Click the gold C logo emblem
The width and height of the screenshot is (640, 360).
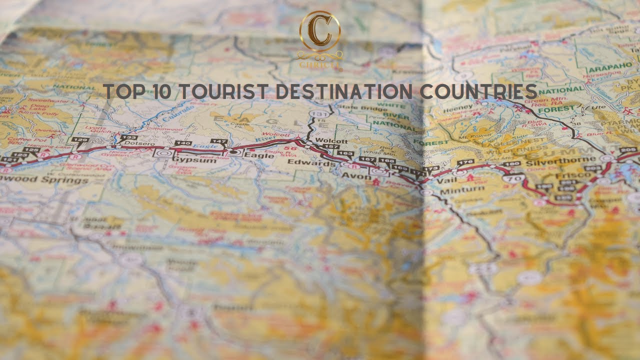tap(320, 31)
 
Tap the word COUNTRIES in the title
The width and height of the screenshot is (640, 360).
tap(478, 92)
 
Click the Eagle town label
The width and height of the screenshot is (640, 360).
tap(259, 156)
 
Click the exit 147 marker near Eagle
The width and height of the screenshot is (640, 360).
tap(219, 142)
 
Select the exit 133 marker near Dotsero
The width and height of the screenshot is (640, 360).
tap(128, 137)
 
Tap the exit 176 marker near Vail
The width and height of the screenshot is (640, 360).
tap(465, 162)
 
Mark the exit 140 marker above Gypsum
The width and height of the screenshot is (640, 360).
tap(182, 143)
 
